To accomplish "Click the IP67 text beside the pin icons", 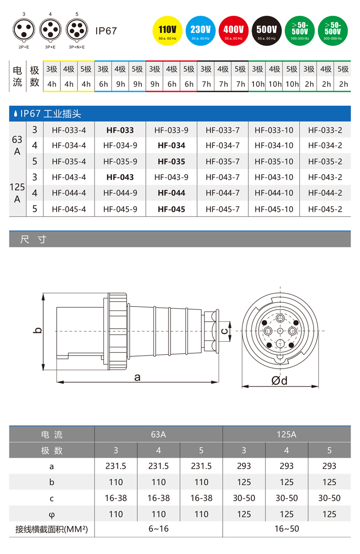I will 106,31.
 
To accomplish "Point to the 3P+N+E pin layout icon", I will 76,30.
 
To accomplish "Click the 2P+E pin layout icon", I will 23,30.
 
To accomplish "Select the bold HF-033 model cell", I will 120,131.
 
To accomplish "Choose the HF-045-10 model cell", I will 274,209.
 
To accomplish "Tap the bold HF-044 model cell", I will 171,193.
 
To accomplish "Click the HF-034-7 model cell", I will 223,146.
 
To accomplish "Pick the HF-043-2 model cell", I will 325,177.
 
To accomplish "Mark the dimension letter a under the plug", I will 138,377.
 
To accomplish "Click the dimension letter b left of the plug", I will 39,330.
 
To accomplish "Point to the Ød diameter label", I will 279,381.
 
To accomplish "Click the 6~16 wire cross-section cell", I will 158,529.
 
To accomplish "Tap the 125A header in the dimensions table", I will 286,435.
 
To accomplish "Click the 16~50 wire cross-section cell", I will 286,529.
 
